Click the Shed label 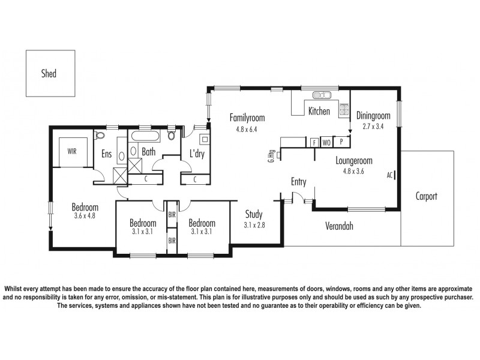tap(49, 74)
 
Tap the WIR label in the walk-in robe tap(71, 152)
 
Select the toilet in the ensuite tap(99, 135)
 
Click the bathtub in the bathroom tap(148, 135)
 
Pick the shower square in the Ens tap(120, 175)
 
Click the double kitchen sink tap(323, 94)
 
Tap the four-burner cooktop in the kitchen tap(344, 109)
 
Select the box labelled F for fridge tap(314, 143)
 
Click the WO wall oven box tap(327, 143)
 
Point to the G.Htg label tap(272, 157)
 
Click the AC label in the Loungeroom tap(390, 175)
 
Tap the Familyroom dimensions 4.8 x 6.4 tap(246, 128)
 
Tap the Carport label tap(426, 196)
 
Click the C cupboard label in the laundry tap(197, 179)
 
